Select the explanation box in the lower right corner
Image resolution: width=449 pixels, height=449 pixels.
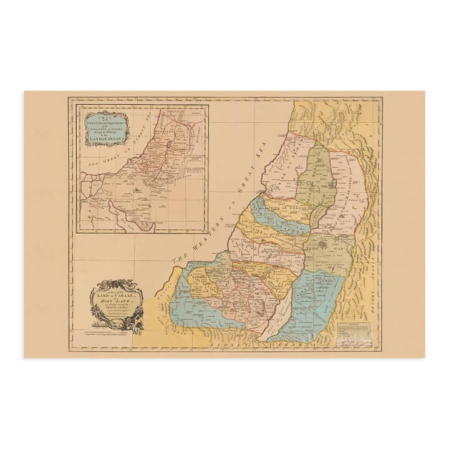[355, 328]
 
